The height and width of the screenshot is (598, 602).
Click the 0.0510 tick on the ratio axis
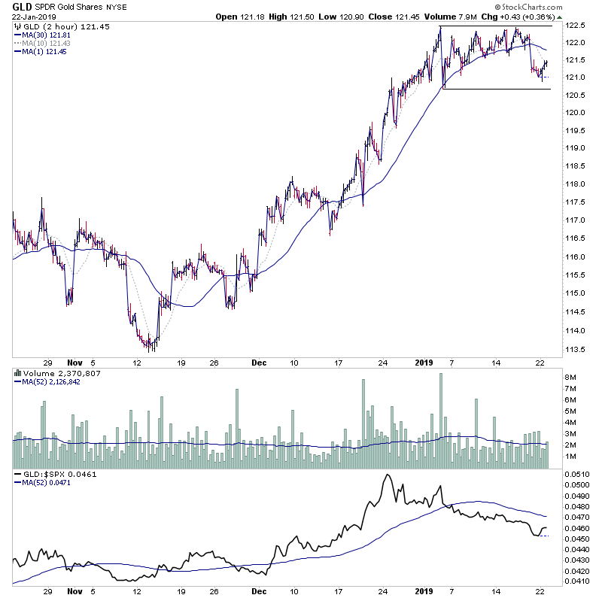pos(580,475)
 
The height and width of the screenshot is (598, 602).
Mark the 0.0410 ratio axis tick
pos(580,582)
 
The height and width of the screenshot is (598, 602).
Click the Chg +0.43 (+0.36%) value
pos(530,17)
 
